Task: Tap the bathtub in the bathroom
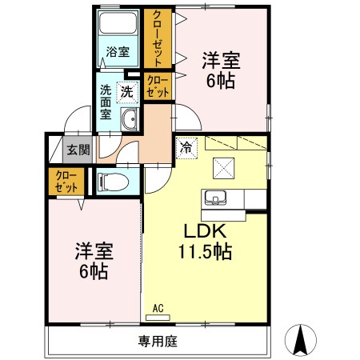118,25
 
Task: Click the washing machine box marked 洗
127,92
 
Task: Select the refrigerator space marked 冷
186,146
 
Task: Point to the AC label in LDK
158,306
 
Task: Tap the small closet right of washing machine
158,86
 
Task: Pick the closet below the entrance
66,182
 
